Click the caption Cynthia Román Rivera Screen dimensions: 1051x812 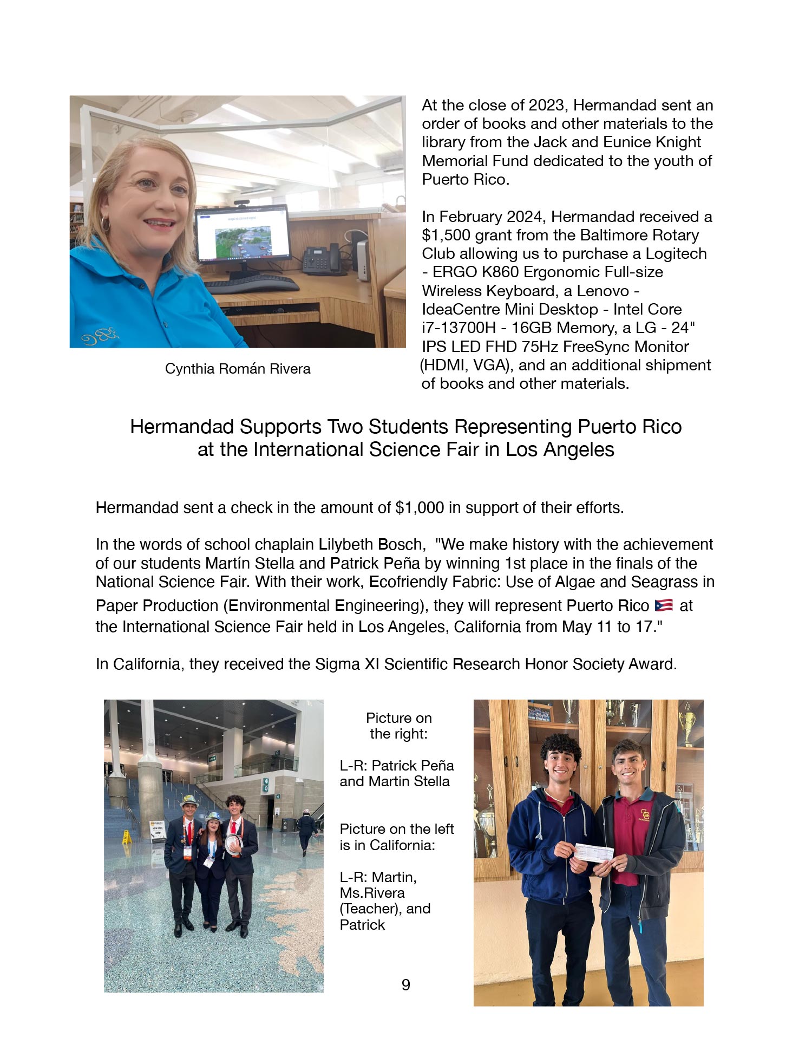click(x=238, y=369)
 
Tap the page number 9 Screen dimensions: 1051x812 click(x=406, y=984)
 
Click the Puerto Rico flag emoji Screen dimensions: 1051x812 click(x=663, y=605)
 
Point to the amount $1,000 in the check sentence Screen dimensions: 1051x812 click(x=420, y=508)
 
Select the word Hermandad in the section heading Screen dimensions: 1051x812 click(x=182, y=427)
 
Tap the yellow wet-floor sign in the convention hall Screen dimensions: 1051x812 click(x=127, y=838)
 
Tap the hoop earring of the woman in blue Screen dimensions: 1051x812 click(x=105, y=224)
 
